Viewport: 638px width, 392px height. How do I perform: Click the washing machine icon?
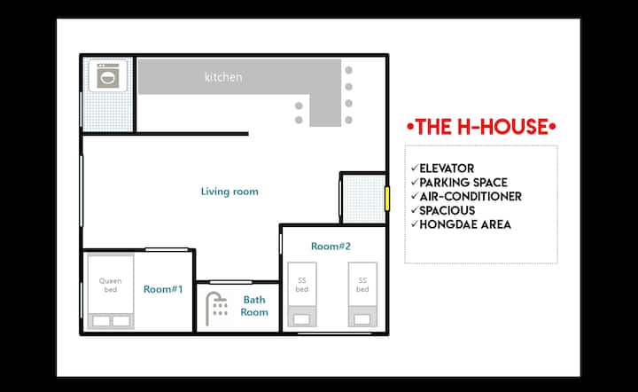click(108, 75)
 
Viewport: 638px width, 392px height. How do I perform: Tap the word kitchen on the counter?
click(223, 77)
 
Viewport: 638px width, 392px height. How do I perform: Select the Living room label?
click(230, 192)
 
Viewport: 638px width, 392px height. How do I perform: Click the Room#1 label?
click(163, 289)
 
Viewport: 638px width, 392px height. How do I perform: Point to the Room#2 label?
click(331, 246)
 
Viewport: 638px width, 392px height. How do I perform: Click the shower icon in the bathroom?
click(216, 308)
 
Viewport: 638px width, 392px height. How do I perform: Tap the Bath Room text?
click(254, 306)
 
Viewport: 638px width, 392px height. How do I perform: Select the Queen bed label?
click(110, 285)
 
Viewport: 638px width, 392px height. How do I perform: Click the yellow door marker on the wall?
click(387, 199)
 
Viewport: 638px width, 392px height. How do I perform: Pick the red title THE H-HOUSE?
click(481, 127)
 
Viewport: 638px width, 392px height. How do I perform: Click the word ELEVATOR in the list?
click(447, 169)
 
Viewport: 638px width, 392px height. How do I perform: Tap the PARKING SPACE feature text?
click(463, 183)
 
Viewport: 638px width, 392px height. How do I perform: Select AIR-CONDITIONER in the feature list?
click(471, 197)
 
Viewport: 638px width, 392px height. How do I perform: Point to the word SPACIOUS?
click(447, 210)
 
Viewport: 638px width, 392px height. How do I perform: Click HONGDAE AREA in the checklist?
click(465, 224)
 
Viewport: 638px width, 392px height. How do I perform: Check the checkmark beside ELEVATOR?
click(415, 168)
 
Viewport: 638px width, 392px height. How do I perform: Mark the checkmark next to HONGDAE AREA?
click(415, 223)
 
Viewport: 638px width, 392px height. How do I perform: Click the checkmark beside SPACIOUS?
click(415, 210)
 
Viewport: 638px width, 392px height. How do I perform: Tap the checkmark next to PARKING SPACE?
click(415, 182)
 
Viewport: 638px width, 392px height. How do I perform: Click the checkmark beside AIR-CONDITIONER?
click(415, 196)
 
